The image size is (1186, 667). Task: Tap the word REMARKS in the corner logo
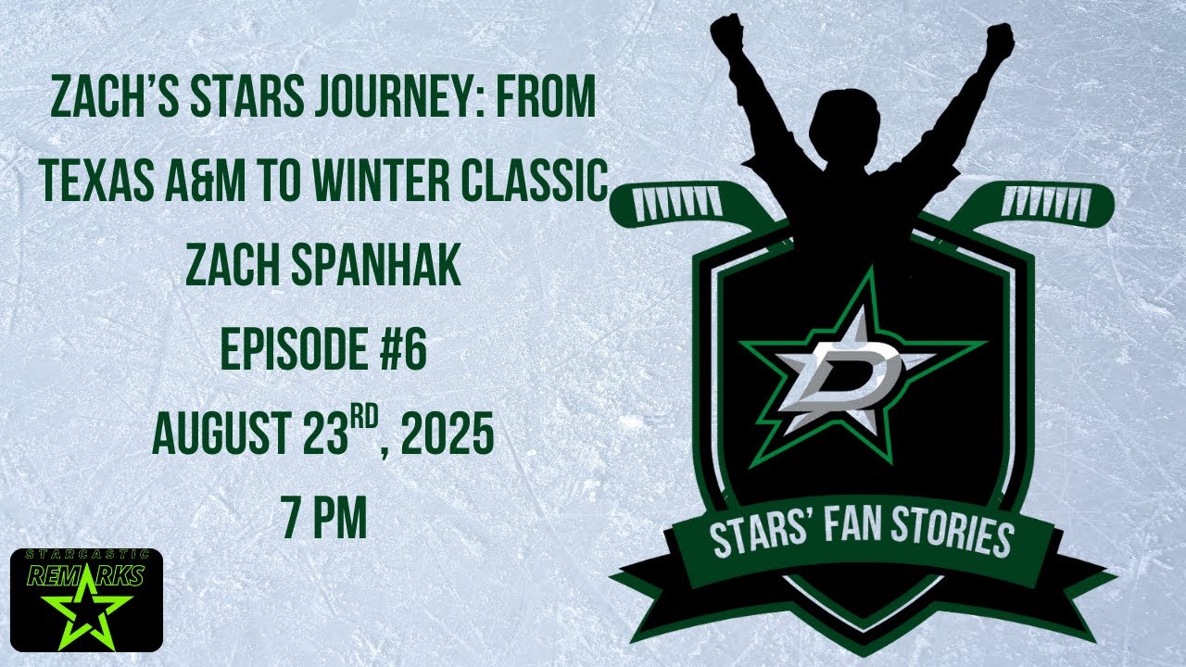85,576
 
